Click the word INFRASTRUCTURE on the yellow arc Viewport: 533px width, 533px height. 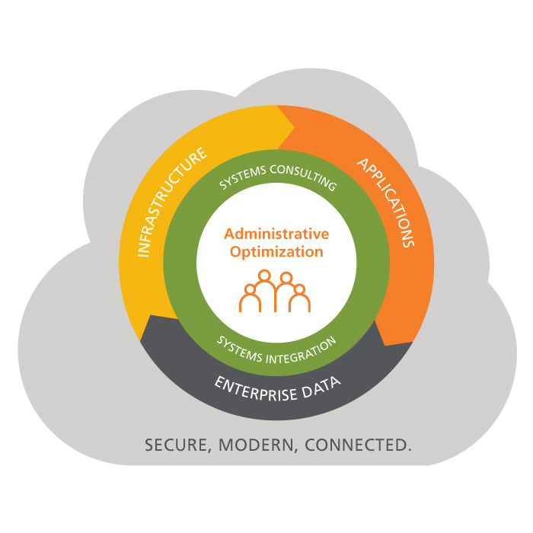pyautogui.click(x=171, y=202)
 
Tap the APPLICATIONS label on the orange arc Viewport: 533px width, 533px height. pyautogui.click(x=386, y=202)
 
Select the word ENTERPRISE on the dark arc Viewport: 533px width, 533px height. pyautogui.click(x=256, y=390)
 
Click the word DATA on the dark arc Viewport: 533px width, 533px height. pyautogui.click(x=321, y=387)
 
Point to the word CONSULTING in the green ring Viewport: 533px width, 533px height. pyautogui.click(x=304, y=176)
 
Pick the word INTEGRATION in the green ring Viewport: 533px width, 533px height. pyautogui.click(x=302, y=352)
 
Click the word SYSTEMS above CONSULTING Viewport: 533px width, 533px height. pyautogui.click(x=242, y=177)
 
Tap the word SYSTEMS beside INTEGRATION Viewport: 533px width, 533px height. pyautogui.click(x=239, y=349)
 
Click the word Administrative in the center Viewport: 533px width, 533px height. pyautogui.click(x=276, y=235)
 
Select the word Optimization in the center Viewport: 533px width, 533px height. pyautogui.click(x=276, y=252)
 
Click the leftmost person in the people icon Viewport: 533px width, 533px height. pyautogui.click(x=251, y=298)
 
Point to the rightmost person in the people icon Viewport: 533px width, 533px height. pyautogui.click(x=299, y=298)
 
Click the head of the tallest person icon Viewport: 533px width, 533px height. pyautogui.click(x=264, y=275)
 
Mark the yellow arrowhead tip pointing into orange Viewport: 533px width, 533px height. pyautogui.click(x=294, y=128)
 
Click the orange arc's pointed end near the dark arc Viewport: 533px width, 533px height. pyautogui.click(x=385, y=345)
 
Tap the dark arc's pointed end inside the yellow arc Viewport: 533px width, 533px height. pyautogui.click(x=150, y=316)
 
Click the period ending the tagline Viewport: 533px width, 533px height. pyautogui.click(x=409, y=450)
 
